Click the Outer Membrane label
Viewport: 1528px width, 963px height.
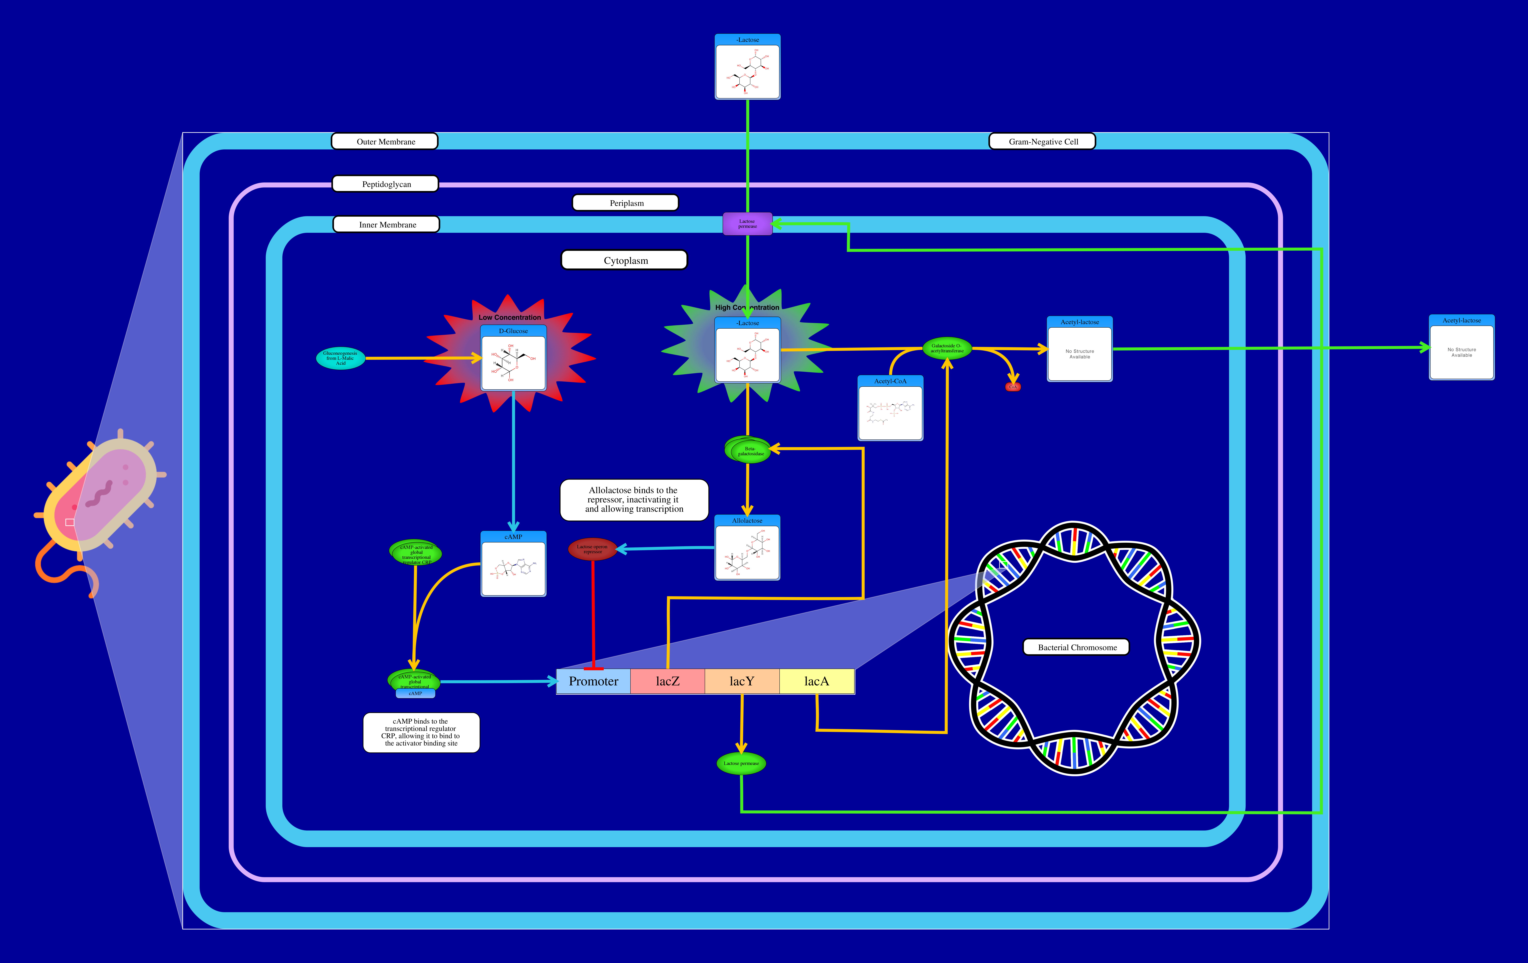(385, 141)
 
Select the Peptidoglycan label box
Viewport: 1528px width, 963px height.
(386, 184)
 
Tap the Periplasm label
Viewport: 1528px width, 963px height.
(626, 203)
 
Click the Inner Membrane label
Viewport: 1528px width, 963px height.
(386, 225)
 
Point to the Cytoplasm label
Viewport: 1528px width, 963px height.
(625, 260)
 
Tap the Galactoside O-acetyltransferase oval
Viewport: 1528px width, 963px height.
(947, 348)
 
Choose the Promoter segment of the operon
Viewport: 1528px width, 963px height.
(593, 681)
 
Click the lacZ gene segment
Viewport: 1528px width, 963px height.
(668, 681)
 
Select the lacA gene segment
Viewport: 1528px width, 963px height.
(817, 681)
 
